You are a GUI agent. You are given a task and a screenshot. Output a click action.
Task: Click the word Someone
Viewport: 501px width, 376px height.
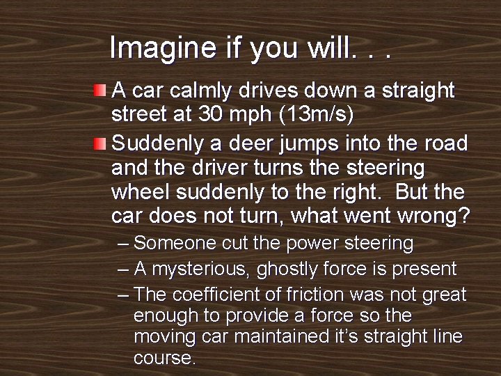(173, 244)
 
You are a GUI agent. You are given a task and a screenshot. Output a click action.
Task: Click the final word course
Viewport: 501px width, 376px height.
(164, 359)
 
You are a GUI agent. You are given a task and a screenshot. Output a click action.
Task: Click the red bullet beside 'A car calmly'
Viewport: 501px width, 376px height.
(101, 91)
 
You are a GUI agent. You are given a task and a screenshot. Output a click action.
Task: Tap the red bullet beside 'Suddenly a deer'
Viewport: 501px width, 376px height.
(101, 144)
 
